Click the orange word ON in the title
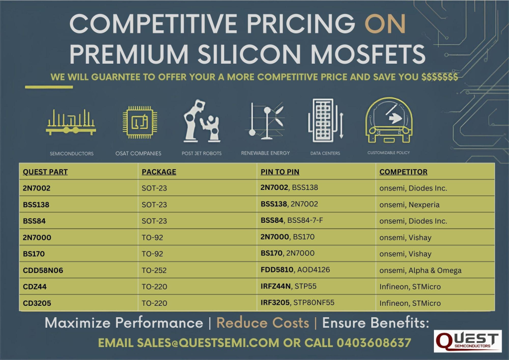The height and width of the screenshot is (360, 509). click(385, 23)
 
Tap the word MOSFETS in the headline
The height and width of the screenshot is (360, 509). click(368, 54)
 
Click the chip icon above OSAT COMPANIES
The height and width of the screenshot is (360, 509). click(140, 122)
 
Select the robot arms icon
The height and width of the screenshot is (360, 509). click(202, 121)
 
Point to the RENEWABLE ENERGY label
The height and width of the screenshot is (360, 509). click(265, 153)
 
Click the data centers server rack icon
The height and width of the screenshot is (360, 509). click(325, 120)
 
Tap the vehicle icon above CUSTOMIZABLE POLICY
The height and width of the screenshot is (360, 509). click(389, 120)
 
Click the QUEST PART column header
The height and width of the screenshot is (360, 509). click(45, 172)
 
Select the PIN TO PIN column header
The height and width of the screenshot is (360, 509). click(280, 172)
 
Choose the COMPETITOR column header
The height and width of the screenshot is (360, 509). click(403, 172)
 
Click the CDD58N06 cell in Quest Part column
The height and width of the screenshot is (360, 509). click(43, 270)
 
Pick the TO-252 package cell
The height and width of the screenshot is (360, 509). click(154, 270)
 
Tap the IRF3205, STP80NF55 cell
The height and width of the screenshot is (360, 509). click(297, 302)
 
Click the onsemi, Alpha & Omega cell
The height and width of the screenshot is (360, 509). click(421, 270)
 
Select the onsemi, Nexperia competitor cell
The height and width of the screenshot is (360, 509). click(410, 205)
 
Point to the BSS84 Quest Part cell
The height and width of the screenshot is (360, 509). click(34, 221)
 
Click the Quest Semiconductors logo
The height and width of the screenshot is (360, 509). click(468, 341)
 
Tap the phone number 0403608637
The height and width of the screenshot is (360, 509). click(374, 343)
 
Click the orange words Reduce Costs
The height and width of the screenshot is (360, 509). click(262, 323)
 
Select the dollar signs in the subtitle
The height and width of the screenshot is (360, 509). click(439, 77)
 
